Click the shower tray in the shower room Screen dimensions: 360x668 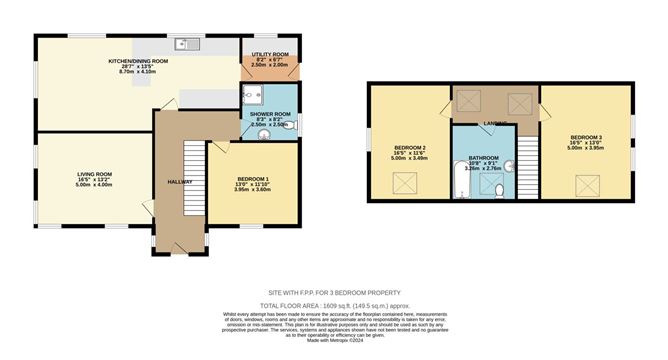click(x=253, y=96)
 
